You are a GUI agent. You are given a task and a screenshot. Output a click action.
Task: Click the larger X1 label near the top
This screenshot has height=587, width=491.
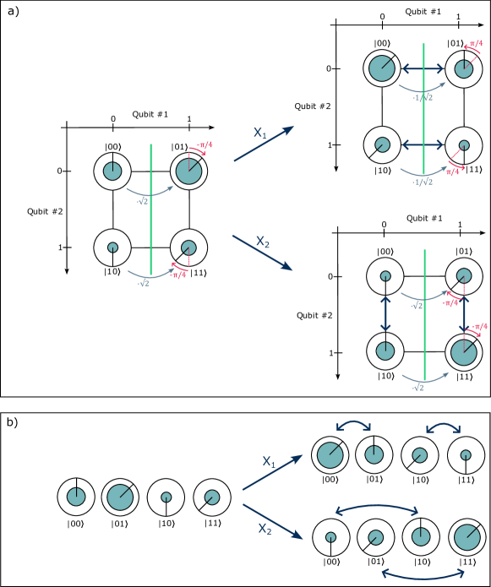point(260,133)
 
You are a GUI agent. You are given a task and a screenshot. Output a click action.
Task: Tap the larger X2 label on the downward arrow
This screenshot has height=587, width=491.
point(263,242)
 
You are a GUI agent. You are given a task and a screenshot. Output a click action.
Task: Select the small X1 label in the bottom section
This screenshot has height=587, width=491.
point(269,461)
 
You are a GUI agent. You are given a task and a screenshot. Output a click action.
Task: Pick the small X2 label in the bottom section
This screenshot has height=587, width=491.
point(265,529)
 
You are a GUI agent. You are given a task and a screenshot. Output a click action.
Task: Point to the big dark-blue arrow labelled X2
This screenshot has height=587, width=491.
point(262,253)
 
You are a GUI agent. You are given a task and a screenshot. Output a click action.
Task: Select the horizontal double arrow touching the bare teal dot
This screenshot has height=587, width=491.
point(423,144)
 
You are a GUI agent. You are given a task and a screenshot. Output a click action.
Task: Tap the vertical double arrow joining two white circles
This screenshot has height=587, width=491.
point(385,313)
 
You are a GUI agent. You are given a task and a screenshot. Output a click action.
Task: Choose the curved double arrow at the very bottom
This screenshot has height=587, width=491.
point(423,573)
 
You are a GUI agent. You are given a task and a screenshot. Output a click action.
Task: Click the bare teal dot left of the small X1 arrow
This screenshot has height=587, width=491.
point(212,497)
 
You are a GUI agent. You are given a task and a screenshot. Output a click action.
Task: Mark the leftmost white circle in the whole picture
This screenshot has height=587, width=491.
point(76,497)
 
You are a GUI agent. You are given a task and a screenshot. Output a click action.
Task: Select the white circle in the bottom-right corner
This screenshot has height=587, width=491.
point(467,537)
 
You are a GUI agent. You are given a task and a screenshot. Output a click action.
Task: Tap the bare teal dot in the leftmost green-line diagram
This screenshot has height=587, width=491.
point(188,247)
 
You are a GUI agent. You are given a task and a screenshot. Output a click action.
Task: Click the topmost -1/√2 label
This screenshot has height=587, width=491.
point(423,98)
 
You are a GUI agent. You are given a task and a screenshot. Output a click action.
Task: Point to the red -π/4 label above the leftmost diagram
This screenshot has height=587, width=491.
point(204,146)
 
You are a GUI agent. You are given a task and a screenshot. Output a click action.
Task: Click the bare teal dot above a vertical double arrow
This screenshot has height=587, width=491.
point(464,275)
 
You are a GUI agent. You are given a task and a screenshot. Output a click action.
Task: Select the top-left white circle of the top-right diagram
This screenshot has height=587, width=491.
point(382,68)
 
